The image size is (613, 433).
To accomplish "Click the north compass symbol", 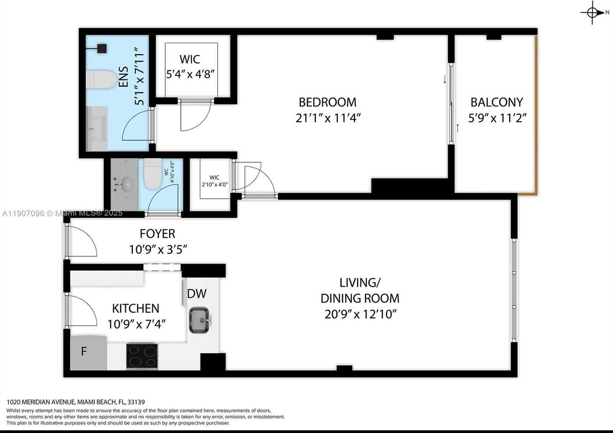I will coord(593,13).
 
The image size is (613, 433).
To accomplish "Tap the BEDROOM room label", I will coord(328,102).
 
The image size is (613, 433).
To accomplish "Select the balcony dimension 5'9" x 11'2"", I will coord(497,118).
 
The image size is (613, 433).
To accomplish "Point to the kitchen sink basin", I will coord(199,319).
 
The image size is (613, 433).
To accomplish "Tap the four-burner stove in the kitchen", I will coord(142,356).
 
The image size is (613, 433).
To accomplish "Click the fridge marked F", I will coord(84,352).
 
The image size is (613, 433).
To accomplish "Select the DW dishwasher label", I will coord(197,294).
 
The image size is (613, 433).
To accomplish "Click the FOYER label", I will coord(157,234).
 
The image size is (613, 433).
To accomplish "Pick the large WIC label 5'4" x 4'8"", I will coord(190,67).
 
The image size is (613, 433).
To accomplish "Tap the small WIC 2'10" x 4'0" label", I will coord(215,181).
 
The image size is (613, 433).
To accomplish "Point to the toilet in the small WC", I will coord(153,174).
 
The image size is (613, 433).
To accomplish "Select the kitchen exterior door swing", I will coord(81,311).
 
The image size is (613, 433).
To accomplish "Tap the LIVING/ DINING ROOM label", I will coord(360,290).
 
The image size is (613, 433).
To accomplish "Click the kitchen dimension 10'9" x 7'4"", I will coord(136,324).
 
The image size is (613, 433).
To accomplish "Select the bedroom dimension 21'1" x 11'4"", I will coord(328,118).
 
